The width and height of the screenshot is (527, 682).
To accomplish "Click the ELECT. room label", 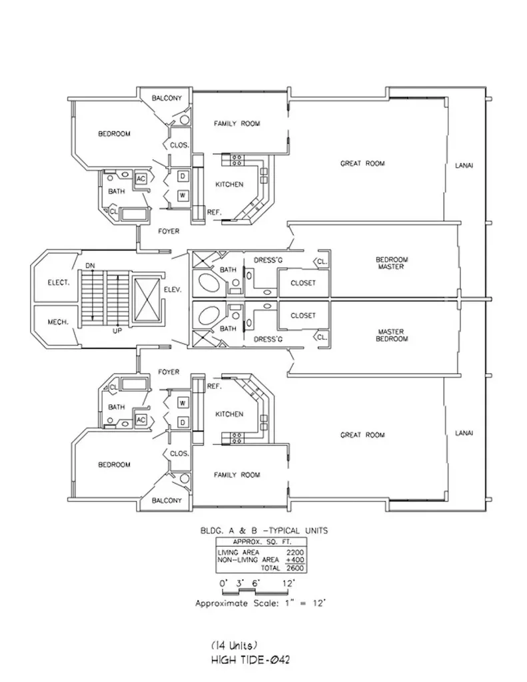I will tap(59, 282).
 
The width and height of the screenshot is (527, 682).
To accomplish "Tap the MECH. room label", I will tap(57, 322).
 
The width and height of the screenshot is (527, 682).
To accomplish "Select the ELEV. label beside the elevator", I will tap(172, 290).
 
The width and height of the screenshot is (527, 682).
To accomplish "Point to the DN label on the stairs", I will tap(90, 266).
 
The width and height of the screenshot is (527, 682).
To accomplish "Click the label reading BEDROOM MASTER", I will tap(392, 263).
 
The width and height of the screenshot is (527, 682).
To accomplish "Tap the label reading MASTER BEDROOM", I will tap(392, 335).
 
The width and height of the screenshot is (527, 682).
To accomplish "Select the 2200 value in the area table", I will tap(295, 552).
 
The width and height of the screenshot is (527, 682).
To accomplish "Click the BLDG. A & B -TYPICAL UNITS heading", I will tap(264, 531).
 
